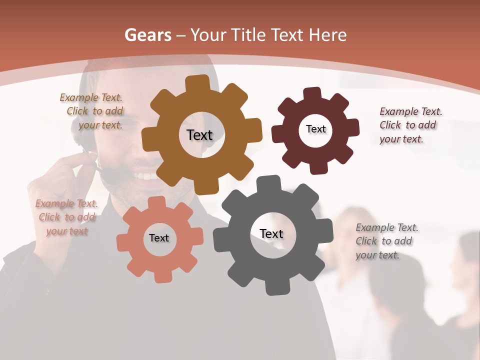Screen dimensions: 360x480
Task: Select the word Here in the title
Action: tap(327, 35)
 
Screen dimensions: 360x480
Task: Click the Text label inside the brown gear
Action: tap(199, 135)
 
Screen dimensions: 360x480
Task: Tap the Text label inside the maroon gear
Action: tap(315, 129)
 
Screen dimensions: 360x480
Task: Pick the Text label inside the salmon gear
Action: tap(159, 238)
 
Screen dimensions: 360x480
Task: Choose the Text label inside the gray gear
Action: tap(271, 233)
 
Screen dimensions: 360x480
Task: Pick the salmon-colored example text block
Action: tap(66, 217)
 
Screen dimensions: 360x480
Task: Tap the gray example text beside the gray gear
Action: tap(386, 241)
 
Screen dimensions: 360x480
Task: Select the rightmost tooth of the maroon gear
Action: tap(352, 127)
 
